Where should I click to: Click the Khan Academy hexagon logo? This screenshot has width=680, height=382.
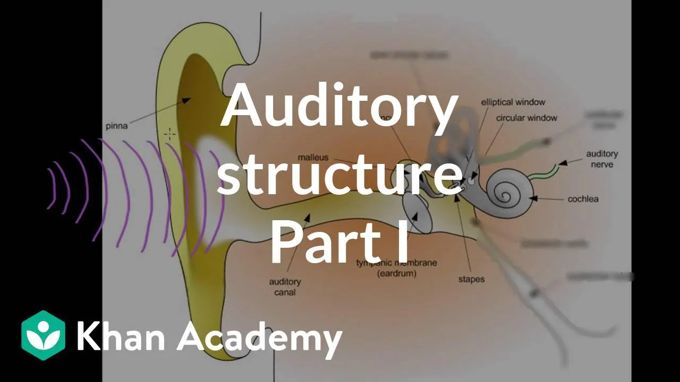(44, 336)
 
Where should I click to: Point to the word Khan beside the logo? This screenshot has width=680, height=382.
(121, 336)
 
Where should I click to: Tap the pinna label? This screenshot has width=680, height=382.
(116, 126)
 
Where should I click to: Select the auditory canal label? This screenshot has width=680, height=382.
(285, 287)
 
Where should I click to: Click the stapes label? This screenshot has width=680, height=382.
(471, 279)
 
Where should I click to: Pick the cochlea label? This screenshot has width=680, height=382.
(583, 199)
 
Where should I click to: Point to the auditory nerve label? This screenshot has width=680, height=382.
(602, 159)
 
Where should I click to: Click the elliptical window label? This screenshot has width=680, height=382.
(513, 102)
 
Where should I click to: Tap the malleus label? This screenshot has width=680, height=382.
(313, 158)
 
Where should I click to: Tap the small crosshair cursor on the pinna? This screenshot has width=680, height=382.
(169, 134)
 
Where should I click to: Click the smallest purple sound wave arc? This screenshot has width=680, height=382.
(52, 188)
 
